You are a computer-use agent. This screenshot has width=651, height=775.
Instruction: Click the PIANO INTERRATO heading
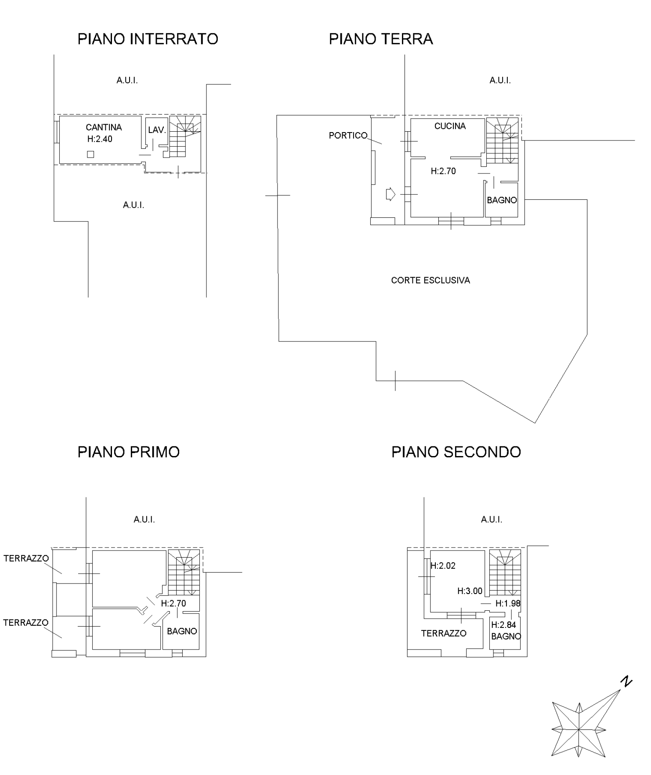(148, 39)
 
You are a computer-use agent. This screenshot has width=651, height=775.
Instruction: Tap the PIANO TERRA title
(381, 39)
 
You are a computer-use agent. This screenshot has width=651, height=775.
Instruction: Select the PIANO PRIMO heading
(129, 452)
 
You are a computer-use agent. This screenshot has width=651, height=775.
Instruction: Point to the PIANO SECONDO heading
(456, 452)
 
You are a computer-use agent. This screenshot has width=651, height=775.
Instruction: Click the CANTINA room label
(104, 127)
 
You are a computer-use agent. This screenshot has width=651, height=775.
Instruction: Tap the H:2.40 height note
(100, 139)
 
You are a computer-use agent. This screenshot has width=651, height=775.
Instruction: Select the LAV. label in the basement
(157, 130)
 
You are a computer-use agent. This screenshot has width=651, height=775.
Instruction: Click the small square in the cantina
(91, 154)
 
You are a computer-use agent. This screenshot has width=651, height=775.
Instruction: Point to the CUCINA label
(450, 126)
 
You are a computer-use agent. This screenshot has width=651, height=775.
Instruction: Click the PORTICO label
(348, 135)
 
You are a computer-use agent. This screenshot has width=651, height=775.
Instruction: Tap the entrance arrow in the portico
(390, 194)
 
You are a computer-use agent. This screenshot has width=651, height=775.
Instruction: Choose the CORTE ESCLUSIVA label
(430, 280)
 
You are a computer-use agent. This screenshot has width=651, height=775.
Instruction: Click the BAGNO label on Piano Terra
(502, 200)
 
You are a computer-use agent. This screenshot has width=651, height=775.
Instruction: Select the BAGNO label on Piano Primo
(182, 631)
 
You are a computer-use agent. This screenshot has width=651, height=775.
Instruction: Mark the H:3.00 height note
(470, 591)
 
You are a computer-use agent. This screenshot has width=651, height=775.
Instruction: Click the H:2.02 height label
(443, 566)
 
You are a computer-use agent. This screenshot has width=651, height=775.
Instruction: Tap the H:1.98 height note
(508, 603)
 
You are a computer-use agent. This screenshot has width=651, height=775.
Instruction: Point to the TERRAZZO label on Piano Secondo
(444, 633)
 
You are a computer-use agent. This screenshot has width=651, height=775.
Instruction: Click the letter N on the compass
(626, 682)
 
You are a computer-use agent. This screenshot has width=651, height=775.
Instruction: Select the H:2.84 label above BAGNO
(504, 625)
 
